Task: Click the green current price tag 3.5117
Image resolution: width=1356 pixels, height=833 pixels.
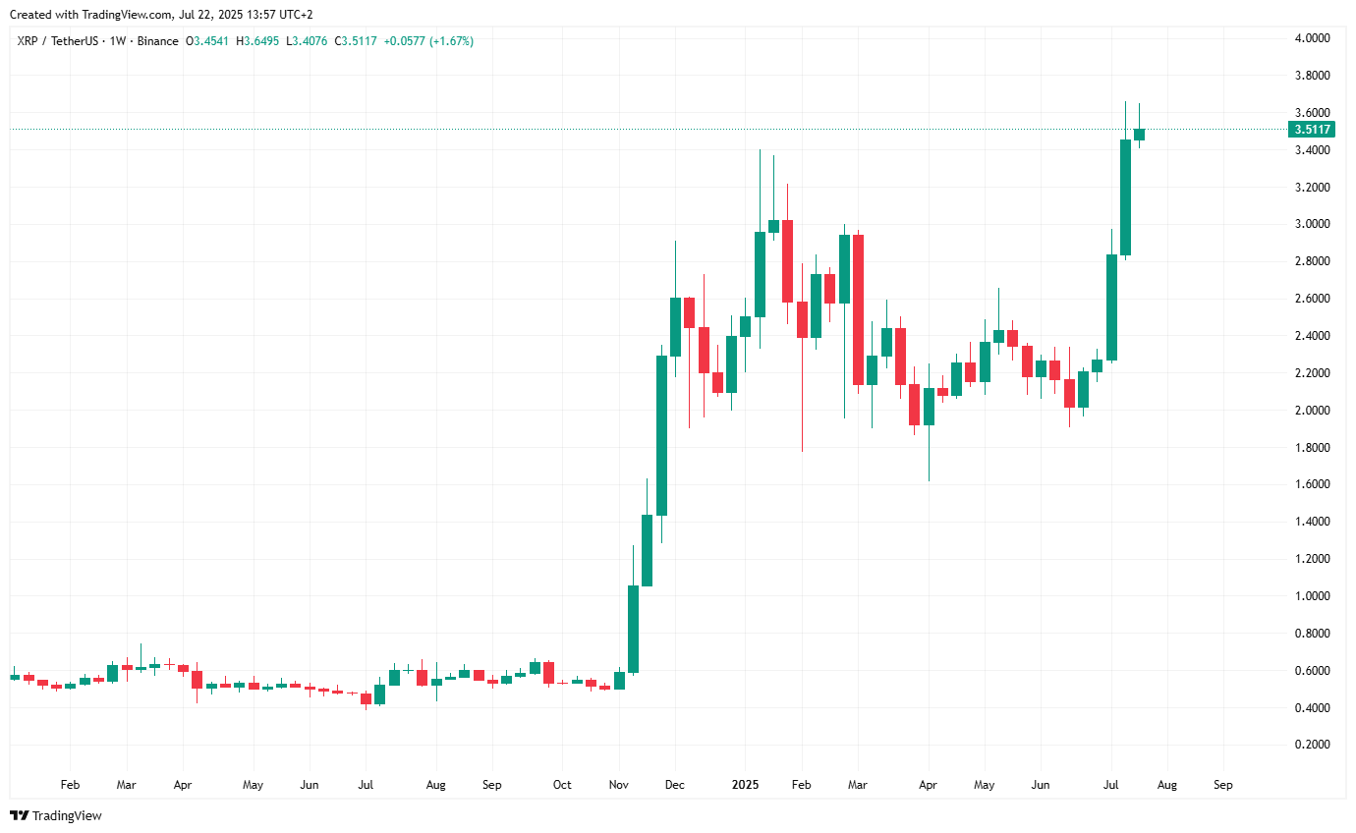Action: pos(1313,129)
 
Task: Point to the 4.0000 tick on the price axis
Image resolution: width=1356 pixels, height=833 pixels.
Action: pos(1313,38)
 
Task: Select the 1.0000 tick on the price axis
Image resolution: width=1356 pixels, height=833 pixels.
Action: pos(1313,596)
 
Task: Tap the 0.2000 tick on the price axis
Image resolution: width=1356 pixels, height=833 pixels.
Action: pos(1313,745)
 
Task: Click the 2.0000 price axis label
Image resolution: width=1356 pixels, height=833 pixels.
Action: pos(1313,411)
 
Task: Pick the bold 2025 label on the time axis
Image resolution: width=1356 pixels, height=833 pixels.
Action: pos(745,786)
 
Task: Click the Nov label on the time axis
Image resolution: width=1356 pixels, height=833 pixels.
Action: pos(618,786)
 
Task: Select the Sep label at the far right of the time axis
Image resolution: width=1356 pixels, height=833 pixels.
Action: pos(1223,786)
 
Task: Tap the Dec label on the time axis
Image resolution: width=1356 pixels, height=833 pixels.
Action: pos(675,786)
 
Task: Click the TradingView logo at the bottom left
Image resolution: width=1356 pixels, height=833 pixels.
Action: pos(56,815)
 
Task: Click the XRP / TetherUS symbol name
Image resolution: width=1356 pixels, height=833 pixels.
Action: pos(55,41)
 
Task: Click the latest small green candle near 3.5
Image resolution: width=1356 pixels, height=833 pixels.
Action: pos(1139,135)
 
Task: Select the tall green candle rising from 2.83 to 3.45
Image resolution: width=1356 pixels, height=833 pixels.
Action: pos(1125,197)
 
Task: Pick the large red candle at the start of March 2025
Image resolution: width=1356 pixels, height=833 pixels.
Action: pos(858,309)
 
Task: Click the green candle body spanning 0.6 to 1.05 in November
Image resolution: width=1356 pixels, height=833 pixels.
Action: pos(633,629)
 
